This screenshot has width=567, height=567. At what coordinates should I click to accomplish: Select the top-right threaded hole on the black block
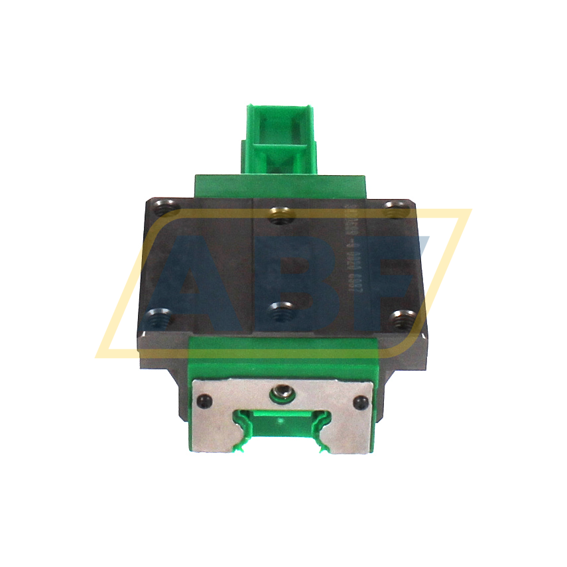click(x=396, y=208)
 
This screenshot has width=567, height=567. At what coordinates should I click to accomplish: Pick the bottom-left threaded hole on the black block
click(x=158, y=317)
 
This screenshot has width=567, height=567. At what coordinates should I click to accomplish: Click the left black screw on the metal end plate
click(x=204, y=400)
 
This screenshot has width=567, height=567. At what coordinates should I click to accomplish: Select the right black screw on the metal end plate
click(x=361, y=401)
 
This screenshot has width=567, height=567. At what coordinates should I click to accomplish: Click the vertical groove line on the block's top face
click(x=254, y=265)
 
